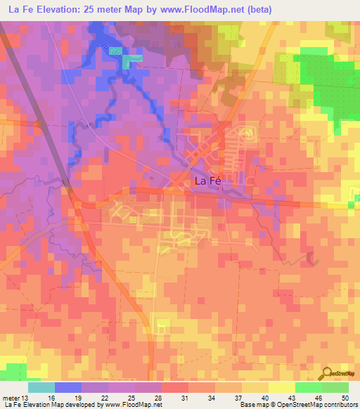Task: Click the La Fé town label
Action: tap(207, 181)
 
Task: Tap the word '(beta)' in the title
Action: tap(254, 9)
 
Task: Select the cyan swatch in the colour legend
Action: tap(41, 387)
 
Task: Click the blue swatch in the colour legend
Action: tap(68, 387)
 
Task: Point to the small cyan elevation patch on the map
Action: tap(126, 62)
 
